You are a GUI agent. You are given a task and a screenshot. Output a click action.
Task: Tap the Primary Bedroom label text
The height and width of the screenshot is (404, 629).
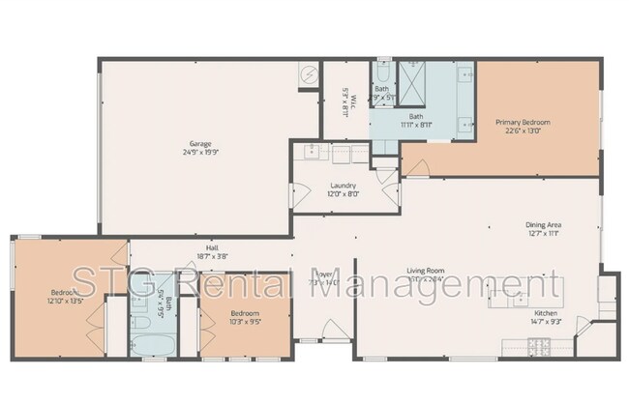pyautogui.click(x=523, y=122)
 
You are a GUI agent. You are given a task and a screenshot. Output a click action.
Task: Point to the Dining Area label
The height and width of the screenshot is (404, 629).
pyautogui.click(x=543, y=224)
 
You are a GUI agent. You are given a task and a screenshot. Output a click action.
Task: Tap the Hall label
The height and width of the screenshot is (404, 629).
pyautogui.click(x=212, y=247)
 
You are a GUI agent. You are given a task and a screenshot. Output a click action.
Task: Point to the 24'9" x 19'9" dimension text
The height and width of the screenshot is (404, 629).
pyautogui.click(x=200, y=152)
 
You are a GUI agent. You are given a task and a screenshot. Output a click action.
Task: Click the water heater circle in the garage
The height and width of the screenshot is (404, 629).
pyautogui.click(x=308, y=74)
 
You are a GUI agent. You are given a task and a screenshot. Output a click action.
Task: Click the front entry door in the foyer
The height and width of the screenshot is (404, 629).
pyautogui.click(x=311, y=340)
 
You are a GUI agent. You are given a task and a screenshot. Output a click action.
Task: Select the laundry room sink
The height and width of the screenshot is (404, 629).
pyautogui.click(x=313, y=152)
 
